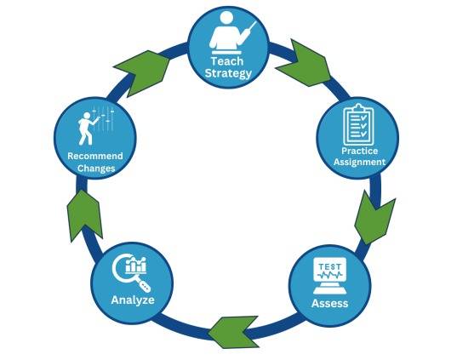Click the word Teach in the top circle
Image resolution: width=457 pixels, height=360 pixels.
coord(227,61)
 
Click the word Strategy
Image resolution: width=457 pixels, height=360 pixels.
coord(228,73)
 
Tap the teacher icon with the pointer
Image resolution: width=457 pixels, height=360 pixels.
coord(232,33)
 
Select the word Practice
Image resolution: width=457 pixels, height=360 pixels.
coord(359,151)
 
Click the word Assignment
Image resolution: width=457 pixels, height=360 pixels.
coord(359,162)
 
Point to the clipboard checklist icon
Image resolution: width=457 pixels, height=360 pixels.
coord(358,124)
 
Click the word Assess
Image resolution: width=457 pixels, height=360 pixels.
coord(329,303)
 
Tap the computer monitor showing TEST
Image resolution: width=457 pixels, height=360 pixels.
coord(329,276)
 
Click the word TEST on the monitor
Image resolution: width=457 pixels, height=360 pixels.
coord(329,266)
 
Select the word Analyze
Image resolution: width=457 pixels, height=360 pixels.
coord(133,300)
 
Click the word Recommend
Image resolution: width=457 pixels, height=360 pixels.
coord(95,156)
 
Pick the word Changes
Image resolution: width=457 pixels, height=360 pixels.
coord(96,169)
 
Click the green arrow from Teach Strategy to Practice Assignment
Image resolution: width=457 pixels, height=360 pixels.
coord(305,64)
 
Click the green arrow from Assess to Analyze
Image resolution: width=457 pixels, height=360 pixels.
coord(233,332)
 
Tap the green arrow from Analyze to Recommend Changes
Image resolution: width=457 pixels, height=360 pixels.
coord(84,216)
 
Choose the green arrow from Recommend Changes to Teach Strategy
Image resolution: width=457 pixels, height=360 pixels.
coord(142,73)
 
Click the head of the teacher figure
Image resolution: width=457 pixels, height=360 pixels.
coord(226,20)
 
